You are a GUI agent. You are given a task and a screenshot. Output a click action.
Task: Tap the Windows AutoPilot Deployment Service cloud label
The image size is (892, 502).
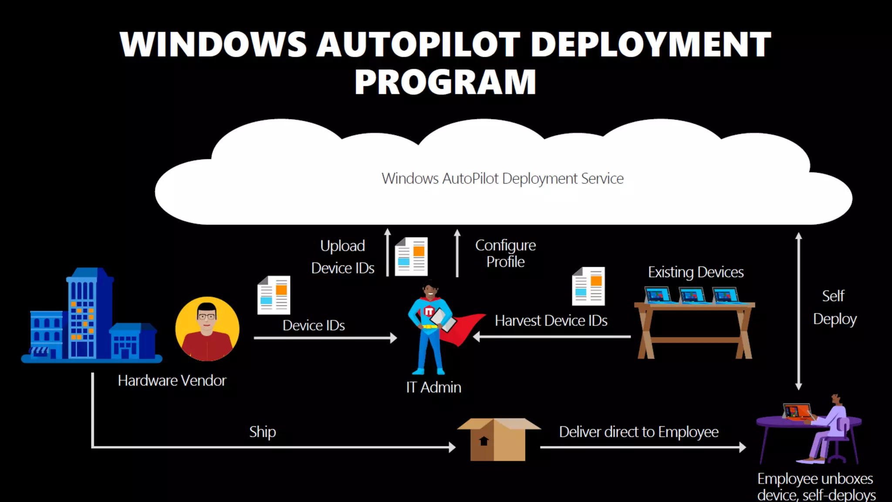[502, 179]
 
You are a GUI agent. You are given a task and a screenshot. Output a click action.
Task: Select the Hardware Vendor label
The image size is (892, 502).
[172, 380]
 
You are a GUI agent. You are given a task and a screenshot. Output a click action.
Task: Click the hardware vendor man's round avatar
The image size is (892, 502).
[207, 329]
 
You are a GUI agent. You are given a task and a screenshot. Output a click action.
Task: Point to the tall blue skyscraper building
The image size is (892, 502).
[89, 314]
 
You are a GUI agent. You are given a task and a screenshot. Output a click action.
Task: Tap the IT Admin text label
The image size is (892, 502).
[433, 387]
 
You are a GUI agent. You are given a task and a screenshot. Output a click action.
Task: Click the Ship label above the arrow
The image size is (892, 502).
[262, 432]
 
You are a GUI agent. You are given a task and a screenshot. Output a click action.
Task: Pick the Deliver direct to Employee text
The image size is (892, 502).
[639, 432]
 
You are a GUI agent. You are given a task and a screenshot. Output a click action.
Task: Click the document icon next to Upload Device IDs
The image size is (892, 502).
[411, 257]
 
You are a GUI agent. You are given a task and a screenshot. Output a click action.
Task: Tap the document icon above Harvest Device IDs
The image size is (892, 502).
[588, 286]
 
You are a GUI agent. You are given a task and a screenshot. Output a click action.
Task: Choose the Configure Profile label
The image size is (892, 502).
[505, 253]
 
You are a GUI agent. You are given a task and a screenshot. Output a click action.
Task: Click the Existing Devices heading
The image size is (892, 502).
[696, 272]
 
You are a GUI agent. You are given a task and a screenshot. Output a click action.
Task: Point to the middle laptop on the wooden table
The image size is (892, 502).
[692, 295]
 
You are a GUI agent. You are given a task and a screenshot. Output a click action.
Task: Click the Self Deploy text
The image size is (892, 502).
[834, 308]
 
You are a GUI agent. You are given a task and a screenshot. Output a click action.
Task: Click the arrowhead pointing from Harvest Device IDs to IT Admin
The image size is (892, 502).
[476, 336]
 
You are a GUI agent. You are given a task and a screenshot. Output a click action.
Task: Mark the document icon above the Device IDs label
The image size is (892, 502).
[274, 295]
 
